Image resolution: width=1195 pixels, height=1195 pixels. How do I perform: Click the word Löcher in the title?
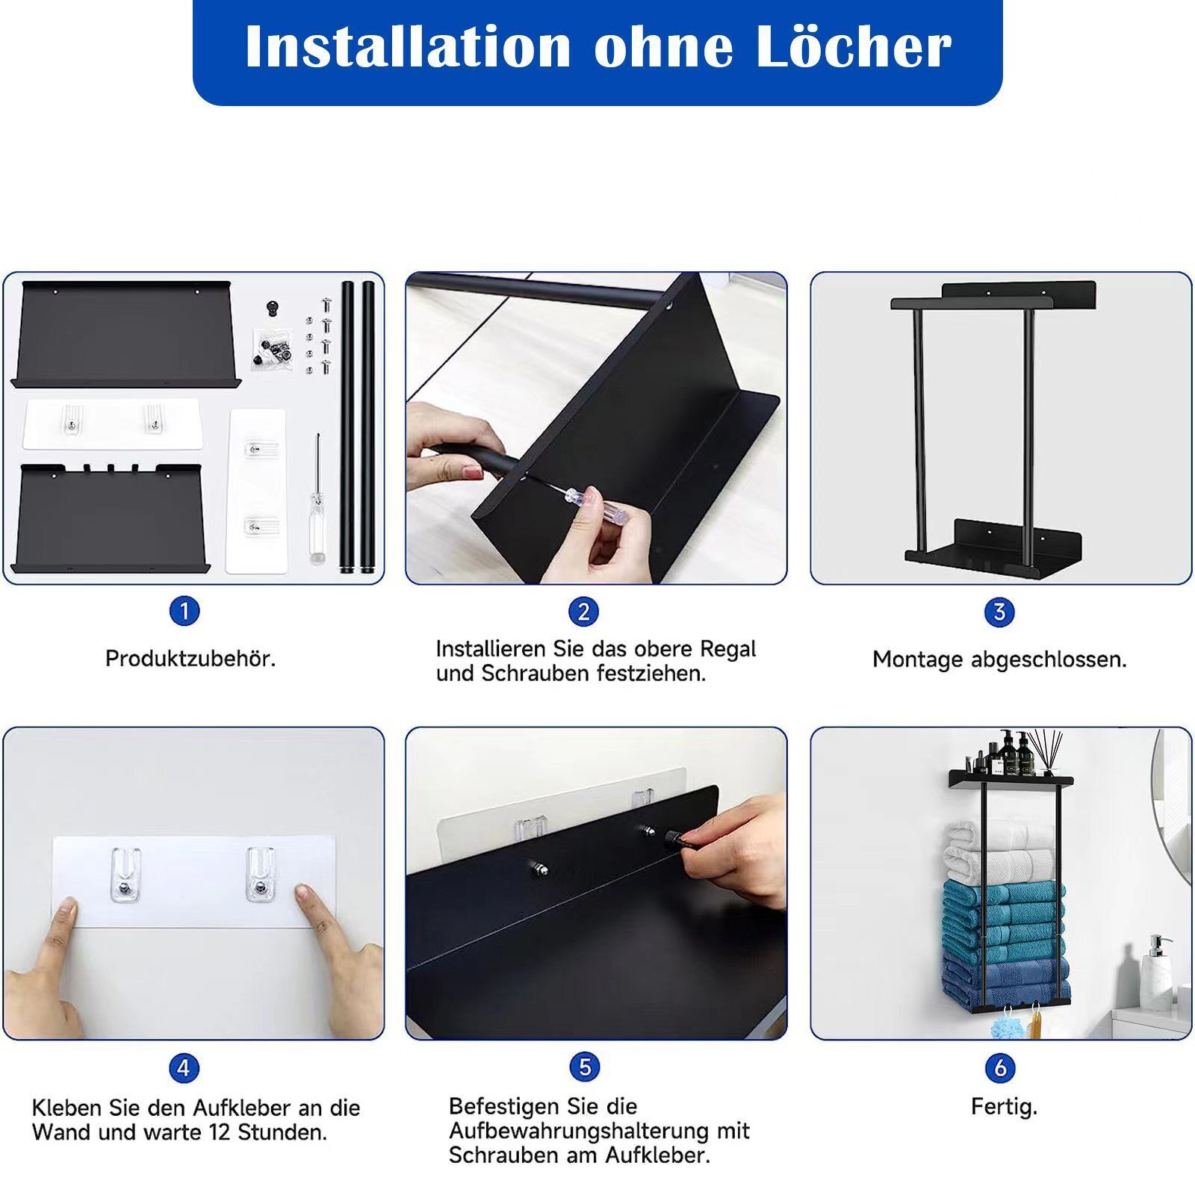(x=853, y=46)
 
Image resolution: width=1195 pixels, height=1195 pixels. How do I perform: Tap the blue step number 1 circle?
(x=184, y=612)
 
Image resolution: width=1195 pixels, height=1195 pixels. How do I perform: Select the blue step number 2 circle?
(x=584, y=612)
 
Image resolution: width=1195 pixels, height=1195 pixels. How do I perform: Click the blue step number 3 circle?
(x=999, y=612)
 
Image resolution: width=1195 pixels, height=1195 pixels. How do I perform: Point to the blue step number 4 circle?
(x=184, y=1068)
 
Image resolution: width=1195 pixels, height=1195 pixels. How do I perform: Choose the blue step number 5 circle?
(x=585, y=1067)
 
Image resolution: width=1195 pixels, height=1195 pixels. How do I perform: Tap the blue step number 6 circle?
(x=1000, y=1067)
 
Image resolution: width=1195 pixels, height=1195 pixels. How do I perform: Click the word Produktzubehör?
(x=190, y=659)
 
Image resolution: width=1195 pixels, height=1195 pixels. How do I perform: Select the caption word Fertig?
(x=1004, y=1106)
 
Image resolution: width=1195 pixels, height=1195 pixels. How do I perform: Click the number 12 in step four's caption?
(x=219, y=1132)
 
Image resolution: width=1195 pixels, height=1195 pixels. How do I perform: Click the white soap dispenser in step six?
(x=1155, y=975)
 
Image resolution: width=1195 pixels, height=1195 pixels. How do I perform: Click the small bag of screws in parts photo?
(x=268, y=348)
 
